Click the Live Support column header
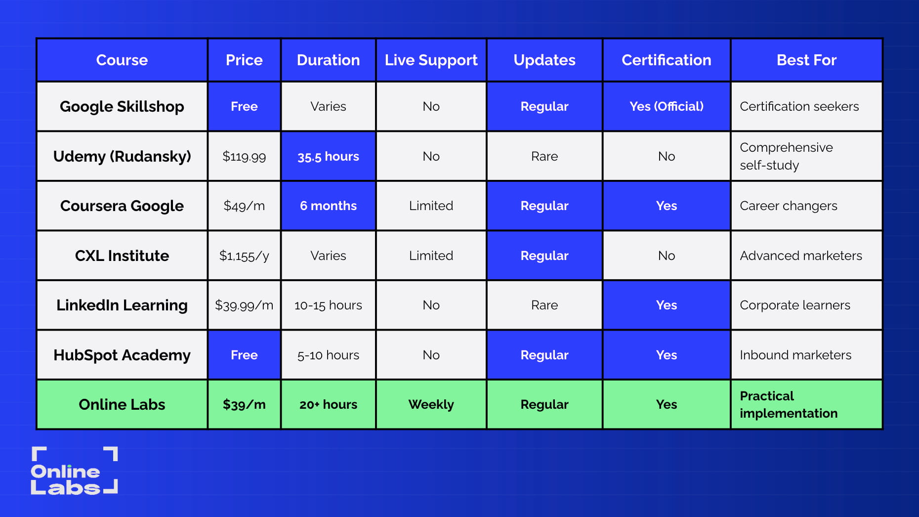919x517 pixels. pyautogui.click(x=431, y=60)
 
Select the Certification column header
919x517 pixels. pyautogui.click(x=666, y=60)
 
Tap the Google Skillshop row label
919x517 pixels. pyautogui.click(x=122, y=107)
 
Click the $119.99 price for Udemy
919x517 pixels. pyautogui.click(x=244, y=157)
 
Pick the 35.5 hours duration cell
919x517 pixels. pyautogui.click(x=328, y=157)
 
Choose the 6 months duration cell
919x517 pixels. pyautogui.click(x=328, y=206)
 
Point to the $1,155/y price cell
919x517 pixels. pyautogui.click(x=244, y=256)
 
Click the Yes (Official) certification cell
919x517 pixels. pyautogui.click(x=666, y=107)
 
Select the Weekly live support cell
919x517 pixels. pyautogui.click(x=431, y=404)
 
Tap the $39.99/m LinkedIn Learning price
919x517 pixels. pyautogui.click(x=244, y=305)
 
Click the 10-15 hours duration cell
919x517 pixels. pyautogui.click(x=328, y=305)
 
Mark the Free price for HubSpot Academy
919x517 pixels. pyautogui.click(x=244, y=355)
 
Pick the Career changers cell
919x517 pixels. pyautogui.click(x=788, y=206)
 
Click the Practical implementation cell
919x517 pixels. pyautogui.click(x=789, y=404)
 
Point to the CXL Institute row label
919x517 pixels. pyautogui.click(x=122, y=256)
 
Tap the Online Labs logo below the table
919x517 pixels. pyautogui.click(x=74, y=471)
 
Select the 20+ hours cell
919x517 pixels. pyautogui.click(x=328, y=404)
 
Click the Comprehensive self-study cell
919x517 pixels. pyautogui.click(x=786, y=156)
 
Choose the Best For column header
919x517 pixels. pyautogui.click(x=806, y=60)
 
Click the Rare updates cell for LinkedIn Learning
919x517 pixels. pyautogui.click(x=544, y=305)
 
